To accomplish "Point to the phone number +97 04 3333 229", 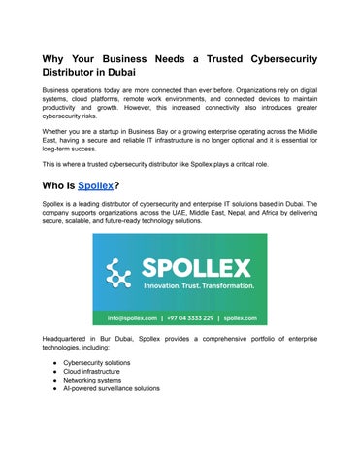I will [190, 316].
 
